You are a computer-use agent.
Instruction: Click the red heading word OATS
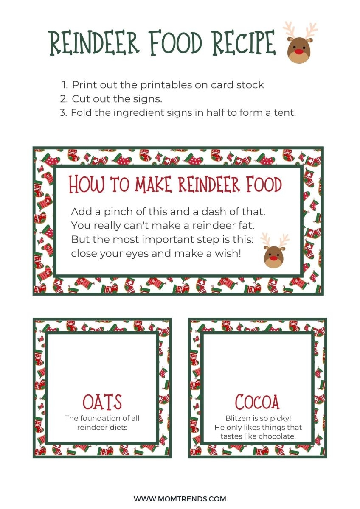tap(102, 403)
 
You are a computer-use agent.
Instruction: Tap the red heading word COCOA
tap(258, 403)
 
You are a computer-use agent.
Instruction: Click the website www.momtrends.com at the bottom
tap(180, 499)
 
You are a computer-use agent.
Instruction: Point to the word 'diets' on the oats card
tap(118, 427)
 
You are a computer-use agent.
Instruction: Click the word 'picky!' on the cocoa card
tap(281, 418)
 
